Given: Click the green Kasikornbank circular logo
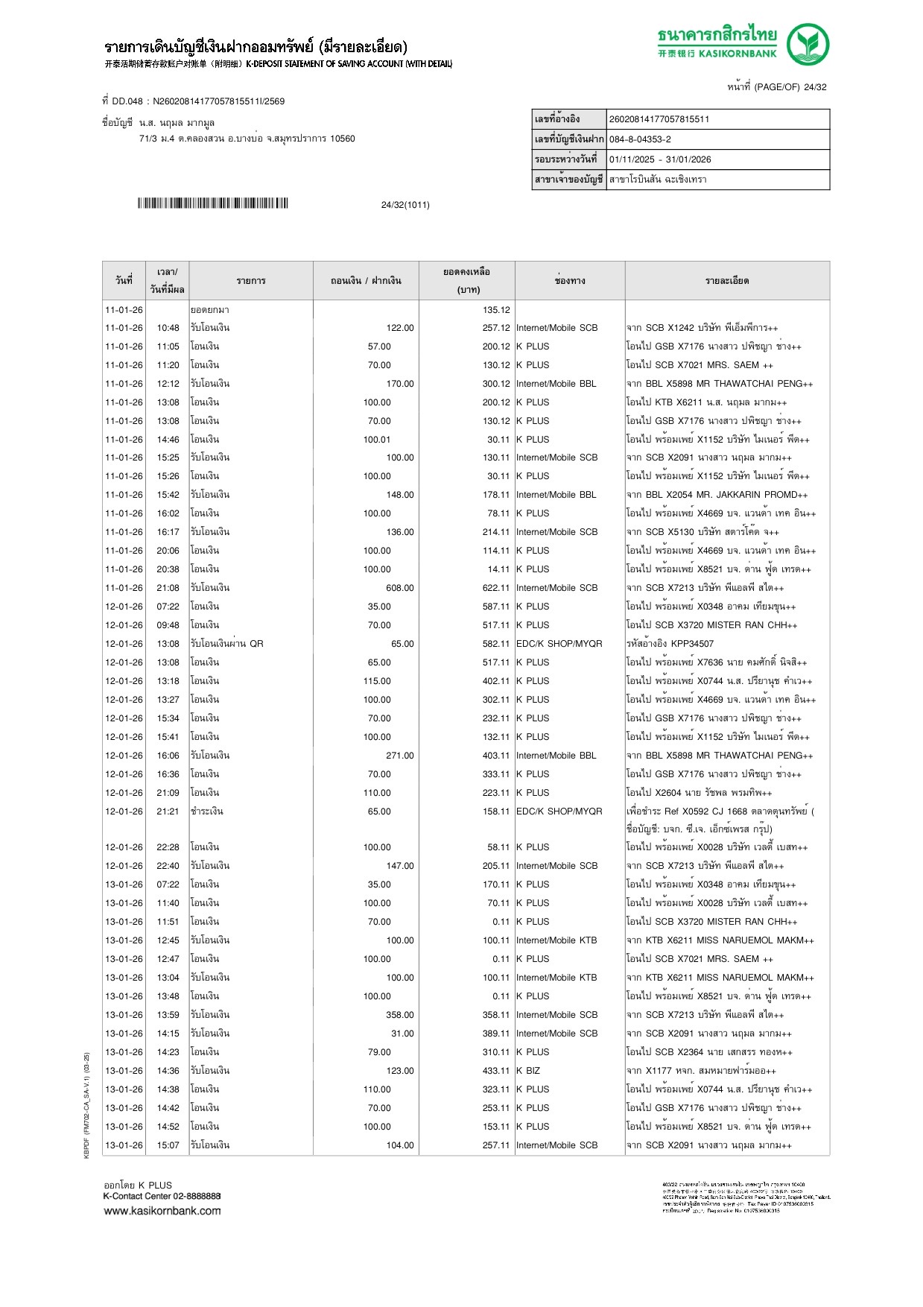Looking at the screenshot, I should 808,44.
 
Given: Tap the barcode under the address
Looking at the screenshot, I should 212,203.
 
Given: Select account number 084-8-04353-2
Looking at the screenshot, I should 640,139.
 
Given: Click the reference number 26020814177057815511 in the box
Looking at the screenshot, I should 659,119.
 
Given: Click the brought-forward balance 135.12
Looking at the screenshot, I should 496,310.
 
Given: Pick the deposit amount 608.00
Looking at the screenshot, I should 400,588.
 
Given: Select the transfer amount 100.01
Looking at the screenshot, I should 377,440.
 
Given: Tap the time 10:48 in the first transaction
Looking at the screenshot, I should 168,328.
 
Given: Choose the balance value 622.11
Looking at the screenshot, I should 496,588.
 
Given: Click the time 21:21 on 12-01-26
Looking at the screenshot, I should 168,811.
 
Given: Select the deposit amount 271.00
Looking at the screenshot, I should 400,756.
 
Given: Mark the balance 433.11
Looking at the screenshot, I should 496,1071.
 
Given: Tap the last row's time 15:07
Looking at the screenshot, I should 168,1145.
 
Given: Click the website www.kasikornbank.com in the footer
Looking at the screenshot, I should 162,1211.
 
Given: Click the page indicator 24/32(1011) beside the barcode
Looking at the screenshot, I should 405,205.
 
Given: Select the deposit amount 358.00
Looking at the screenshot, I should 400,1015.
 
